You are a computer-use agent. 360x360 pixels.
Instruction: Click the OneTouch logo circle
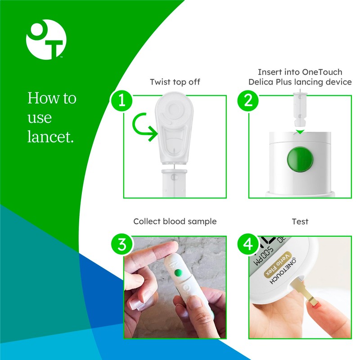46,39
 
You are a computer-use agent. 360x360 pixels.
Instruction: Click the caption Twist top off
175,82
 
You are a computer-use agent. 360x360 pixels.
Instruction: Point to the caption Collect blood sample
175,221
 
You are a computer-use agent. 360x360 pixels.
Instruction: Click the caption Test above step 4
300,221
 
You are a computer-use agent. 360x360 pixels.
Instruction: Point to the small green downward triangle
300,132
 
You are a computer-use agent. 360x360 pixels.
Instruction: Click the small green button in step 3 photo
179,272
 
